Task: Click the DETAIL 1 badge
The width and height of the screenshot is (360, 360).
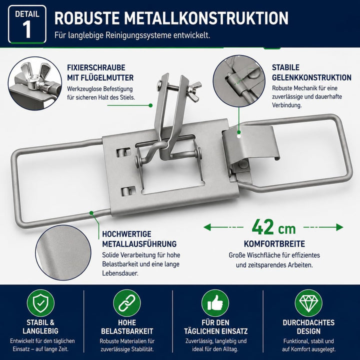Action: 27,24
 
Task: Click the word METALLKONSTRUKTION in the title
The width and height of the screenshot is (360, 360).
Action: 206,18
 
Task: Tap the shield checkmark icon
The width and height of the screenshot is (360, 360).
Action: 40,303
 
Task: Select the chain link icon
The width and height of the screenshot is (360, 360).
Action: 127,303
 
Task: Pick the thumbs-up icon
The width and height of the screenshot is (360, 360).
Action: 215,303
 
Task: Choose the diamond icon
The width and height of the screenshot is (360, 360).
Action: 308,303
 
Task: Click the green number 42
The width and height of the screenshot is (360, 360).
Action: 263,227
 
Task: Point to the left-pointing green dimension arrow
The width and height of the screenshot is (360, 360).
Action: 223,227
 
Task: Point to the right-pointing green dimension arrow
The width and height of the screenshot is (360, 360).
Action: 323,227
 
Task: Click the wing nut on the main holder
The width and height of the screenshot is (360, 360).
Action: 193,91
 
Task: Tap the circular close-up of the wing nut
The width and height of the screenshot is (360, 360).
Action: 35,83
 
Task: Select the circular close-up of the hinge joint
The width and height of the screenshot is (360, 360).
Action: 239,81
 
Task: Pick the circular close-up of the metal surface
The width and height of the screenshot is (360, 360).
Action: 63,252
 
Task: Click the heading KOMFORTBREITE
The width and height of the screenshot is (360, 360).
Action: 274,244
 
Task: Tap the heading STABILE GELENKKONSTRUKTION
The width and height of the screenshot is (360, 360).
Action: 311,72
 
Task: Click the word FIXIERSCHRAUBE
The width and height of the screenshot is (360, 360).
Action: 96,67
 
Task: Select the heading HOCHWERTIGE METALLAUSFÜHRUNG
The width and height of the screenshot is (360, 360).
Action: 139,239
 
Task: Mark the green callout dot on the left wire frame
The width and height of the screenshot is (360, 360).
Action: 91,213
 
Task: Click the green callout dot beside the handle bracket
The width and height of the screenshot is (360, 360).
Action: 150,105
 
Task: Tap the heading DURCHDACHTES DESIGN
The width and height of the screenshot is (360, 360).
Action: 308,326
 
